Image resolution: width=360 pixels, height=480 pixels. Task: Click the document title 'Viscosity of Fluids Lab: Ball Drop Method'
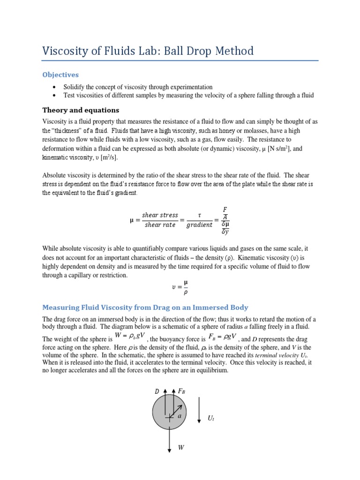pos(148,51)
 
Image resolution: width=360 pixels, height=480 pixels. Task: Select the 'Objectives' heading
pos(60,75)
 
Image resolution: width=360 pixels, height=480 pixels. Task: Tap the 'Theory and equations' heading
pos(81,110)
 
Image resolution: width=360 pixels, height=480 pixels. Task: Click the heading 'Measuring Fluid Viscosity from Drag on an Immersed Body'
pos(145,307)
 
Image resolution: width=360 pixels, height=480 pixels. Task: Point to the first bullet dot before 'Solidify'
pos(55,87)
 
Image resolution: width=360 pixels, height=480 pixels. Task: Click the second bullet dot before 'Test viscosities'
pos(55,96)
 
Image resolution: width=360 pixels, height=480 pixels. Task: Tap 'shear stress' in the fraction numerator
pos(160,215)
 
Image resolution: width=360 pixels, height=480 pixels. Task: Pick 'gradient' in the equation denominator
pos(199,225)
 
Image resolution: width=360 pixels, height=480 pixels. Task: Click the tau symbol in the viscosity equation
pos(200,215)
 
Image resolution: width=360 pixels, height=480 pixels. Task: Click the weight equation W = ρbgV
pos(130,337)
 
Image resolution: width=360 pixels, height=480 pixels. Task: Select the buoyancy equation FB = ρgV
pos(223,337)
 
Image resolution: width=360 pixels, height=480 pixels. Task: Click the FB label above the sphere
pos(181,391)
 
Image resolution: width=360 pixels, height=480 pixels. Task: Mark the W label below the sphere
pos(180,448)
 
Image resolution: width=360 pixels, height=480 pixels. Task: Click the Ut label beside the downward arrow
pos(210,418)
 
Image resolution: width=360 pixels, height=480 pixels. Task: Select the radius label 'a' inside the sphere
pos(179,415)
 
